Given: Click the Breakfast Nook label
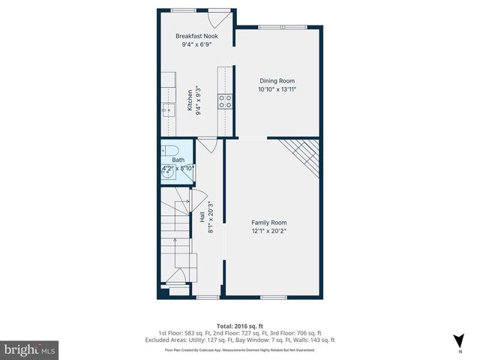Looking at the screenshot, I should click(196, 36).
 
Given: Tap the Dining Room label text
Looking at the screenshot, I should click(277, 81).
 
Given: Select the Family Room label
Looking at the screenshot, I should click(268, 223).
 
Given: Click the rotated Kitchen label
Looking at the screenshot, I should click(190, 100).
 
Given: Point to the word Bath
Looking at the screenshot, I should click(178, 160).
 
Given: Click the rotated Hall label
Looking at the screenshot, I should click(202, 217).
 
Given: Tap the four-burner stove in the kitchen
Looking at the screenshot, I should click(224, 101).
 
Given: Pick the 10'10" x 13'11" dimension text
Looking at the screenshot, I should click(277, 89).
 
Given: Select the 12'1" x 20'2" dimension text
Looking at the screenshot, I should click(268, 231).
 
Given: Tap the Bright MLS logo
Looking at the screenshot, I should click(29, 349).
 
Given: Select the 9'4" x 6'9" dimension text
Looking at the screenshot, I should click(196, 44).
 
